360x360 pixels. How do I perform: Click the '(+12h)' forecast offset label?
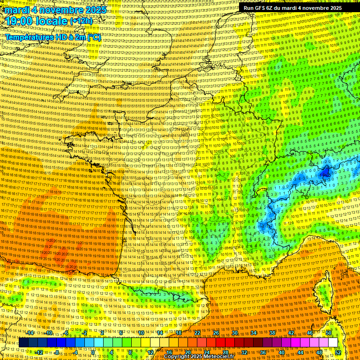coord(82,22)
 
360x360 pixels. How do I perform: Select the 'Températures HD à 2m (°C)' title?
coord(53,37)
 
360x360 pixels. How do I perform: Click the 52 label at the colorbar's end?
coord(338,352)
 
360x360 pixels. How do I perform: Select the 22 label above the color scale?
coord(197,333)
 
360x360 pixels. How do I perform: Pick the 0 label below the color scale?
coord(93,352)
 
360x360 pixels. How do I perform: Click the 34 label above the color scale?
coord(253,333)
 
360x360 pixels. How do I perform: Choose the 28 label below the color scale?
coord(225,352)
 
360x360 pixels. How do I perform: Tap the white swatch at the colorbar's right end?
coord(333,343)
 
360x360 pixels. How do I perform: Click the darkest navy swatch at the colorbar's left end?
coord(23,343)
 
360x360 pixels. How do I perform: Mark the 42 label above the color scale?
coord(291,333)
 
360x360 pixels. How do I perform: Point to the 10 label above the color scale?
coord(141,333)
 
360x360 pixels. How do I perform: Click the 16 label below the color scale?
coord(169,352)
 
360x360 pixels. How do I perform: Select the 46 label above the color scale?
coord(309,333)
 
